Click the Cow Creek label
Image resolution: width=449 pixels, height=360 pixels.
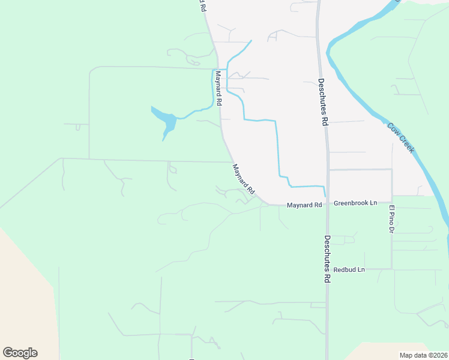400,138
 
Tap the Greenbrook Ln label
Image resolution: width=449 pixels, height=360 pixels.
355,203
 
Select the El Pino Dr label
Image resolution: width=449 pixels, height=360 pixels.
391,219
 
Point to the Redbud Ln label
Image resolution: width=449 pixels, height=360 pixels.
349,270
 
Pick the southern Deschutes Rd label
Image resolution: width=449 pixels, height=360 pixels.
327,258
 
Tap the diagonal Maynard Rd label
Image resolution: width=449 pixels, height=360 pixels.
244,179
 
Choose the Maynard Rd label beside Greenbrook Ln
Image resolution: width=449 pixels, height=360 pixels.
304,205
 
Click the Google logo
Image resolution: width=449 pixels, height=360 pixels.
20,353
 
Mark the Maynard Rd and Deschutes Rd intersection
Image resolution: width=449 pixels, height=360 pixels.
327,205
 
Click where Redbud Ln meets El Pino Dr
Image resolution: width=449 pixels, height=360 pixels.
392,269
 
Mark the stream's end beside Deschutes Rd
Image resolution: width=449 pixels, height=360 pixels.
325,196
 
